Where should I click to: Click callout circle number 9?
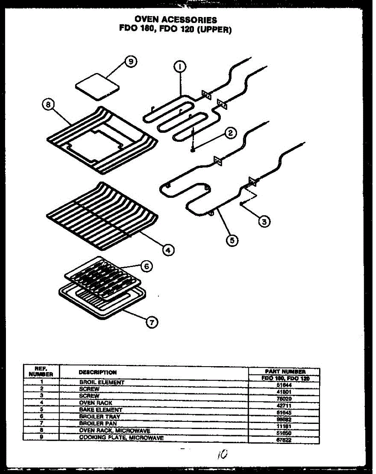tap(131, 62)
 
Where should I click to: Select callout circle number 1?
tap(180, 67)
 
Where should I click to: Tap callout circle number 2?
tap(230, 134)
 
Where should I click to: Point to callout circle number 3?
tap(264, 222)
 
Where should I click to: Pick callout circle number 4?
tap(168, 250)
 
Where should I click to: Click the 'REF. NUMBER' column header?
tap(41, 371)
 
